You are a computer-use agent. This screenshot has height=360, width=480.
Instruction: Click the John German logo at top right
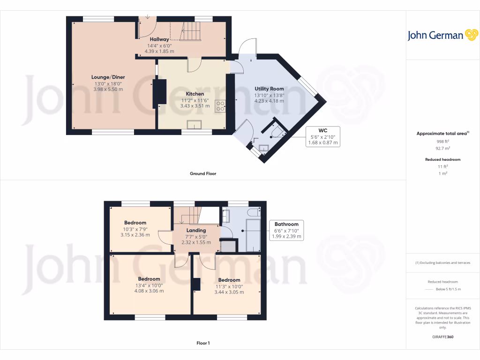point(442,35)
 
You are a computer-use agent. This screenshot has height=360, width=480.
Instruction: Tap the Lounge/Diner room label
point(108,77)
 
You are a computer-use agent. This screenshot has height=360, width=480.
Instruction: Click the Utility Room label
point(269,89)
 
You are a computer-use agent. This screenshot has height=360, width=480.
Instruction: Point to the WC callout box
point(322,136)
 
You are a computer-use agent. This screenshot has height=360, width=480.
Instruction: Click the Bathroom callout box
point(286,231)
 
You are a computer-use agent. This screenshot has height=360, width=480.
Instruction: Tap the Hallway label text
point(159,39)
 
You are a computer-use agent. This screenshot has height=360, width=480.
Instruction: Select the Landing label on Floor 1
point(196,231)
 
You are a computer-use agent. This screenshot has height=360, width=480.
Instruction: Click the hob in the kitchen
point(220,106)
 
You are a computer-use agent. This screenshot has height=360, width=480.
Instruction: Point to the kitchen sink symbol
point(194,124)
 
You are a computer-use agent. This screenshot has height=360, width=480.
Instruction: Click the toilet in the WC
point(277,131)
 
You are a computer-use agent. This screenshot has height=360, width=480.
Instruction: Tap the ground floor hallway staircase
point(191,33)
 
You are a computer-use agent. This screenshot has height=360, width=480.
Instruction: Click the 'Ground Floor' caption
point(202,173)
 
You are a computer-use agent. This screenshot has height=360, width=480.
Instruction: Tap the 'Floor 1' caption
point(202,343)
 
